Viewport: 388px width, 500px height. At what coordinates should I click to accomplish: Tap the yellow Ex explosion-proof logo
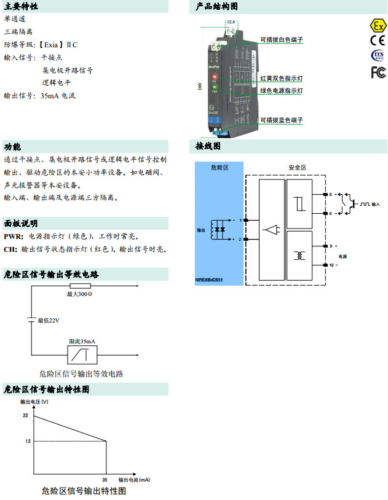point(377,26)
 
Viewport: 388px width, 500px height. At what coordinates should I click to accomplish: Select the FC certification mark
point(378,72)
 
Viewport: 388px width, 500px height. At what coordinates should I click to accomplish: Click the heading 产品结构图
point(216,7)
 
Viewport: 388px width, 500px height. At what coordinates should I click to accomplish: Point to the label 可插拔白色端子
point(282,39)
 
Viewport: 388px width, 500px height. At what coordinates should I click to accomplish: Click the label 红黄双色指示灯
point(282,79)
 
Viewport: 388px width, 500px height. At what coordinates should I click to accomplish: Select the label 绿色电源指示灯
point(282,90)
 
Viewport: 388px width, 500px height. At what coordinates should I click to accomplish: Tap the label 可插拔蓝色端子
point(282,120)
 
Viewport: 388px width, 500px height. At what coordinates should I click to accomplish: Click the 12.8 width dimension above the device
point(231,21)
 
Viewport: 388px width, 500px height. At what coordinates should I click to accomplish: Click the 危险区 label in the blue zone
point(220,167)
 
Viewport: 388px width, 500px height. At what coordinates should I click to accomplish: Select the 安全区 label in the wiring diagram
point(297,167)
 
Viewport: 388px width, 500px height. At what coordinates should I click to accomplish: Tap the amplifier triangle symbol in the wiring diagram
point(271,231)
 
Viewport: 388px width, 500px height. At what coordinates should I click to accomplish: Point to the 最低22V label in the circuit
point(49,320)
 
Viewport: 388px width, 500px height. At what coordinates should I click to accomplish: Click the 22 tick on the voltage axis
point(26,416)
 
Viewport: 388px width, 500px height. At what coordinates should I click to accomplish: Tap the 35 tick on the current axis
point(105,479)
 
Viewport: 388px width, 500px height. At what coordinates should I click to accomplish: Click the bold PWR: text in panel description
point(14,236)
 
